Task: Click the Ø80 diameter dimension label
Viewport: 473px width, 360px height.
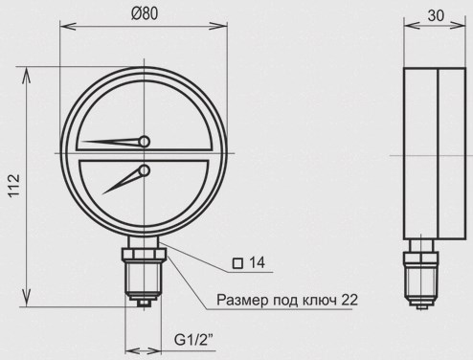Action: tap(145, 14)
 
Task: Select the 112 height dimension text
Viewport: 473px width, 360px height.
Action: tap(14, 186)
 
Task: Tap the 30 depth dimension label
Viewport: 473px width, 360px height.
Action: tap(436, 15)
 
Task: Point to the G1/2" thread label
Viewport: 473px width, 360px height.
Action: tap(193, 340)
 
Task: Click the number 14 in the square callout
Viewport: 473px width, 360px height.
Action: tap(257, 262)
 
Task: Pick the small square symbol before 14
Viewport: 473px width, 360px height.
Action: tap(237, 263)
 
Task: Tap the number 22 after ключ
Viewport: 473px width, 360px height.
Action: tap(349, 300)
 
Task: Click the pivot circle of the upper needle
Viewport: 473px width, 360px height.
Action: tap(145, 142)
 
